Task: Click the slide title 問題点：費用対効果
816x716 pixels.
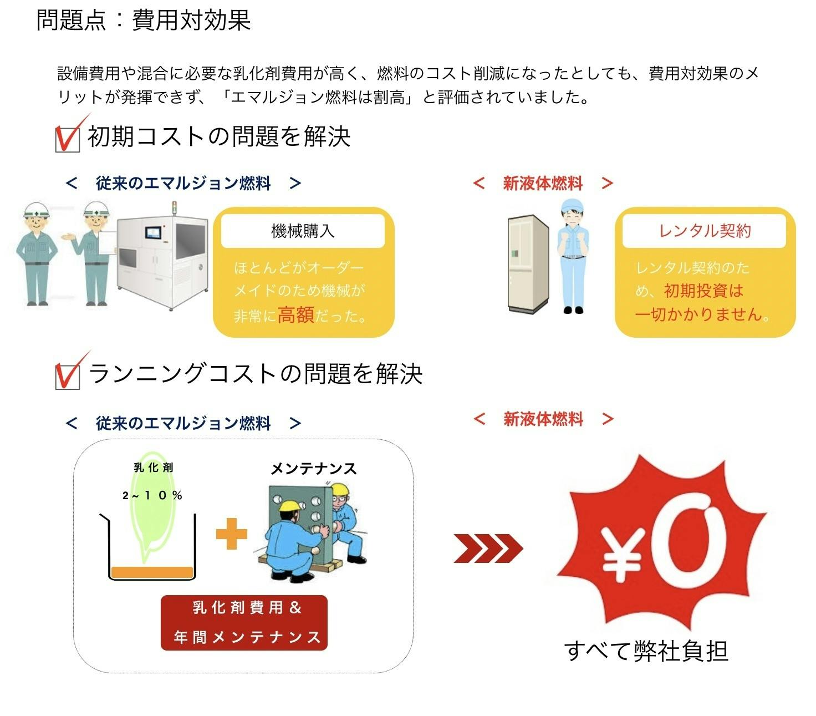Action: pos(143,20)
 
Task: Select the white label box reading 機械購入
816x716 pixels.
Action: pos(303,231)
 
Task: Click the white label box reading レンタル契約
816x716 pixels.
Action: pos(703,231)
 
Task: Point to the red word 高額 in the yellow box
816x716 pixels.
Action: pos(295,314)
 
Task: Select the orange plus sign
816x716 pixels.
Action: pos(231,534)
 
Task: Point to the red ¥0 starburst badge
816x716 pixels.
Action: pos(661,542)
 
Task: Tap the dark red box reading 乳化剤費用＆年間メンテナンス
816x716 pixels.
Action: pos(244,622)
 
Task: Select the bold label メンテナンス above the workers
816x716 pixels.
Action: pos(313,469)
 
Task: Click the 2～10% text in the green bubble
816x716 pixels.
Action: pos(152,495)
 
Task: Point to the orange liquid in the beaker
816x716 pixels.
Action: pos(152,572)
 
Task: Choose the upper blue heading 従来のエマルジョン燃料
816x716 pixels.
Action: pos(183,184)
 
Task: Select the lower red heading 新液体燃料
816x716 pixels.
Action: pos(543,419)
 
